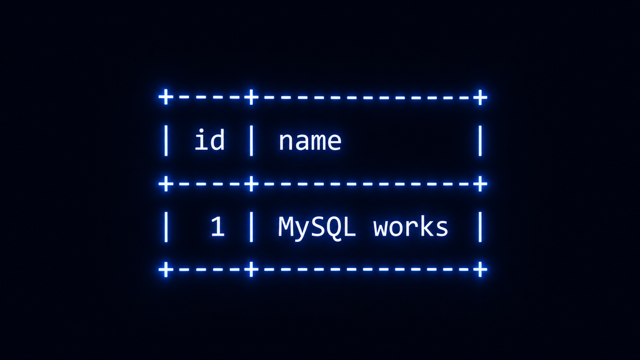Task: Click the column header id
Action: (209, 139)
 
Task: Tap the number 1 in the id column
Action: (217, 226)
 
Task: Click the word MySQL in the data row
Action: (317, 227)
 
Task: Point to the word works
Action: (411, 226)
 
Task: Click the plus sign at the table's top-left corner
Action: (166, 97)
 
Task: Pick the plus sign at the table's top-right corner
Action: (480, 97)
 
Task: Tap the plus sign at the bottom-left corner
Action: (166, 270)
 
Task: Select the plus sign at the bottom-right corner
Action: (480, 270)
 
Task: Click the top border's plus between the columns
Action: (251, 97)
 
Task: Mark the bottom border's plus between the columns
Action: (251, 270)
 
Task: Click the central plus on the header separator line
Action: (251, 184)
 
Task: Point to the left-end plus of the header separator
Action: (166, 184)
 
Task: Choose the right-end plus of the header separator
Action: (480, 184)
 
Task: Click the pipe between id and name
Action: (251, 141)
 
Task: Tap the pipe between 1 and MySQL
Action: (251, 227)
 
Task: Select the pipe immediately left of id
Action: (166, 141)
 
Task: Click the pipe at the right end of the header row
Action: (480, 141)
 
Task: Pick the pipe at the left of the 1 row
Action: (166, 227)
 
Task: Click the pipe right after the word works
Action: (480, 227)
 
